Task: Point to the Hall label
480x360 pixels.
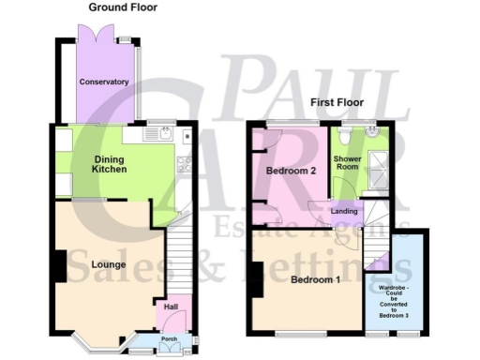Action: (x=172, y=307)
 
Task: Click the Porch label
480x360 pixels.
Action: (x=170, y=339)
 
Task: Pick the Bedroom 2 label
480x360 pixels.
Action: (x=289, y=172)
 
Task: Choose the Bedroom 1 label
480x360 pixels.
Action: (x=315, y=280)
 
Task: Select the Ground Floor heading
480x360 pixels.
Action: (x=123, y=7)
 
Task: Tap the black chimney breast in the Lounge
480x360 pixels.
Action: (x=59, y=266)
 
